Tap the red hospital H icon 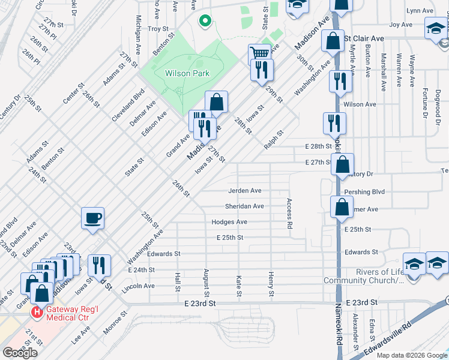click(37, 312)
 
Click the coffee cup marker click(92, 218)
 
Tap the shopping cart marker click(259, 53)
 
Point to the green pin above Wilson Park click(205, 22)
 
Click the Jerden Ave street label click(244, 191)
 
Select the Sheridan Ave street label click(244, 206)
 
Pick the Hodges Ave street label click(229, 222)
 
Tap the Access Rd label click(289, 214)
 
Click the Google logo click(20, 353)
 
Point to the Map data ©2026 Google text click(411, 355)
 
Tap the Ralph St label click(273, 139)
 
